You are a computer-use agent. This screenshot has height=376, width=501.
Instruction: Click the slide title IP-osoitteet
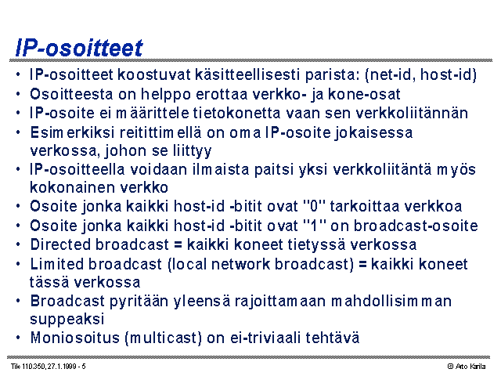coord(79,48)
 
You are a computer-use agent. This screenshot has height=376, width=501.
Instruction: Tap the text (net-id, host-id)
coord(421,75)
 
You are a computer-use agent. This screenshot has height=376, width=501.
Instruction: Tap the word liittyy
coord(193,151)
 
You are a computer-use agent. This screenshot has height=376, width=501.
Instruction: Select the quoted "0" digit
coord(314,206)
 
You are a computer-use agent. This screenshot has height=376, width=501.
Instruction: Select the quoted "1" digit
coord(314,226)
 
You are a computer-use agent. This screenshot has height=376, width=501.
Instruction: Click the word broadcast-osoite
coord(416,226)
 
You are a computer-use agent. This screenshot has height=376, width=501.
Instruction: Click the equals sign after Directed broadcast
coord(178,245)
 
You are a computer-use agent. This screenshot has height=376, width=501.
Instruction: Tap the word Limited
coord(56,264)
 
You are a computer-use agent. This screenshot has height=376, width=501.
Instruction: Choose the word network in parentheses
coord(240,264)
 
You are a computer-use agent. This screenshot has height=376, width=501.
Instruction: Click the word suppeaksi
coord(67,320)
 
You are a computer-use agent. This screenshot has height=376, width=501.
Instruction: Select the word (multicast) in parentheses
coord(164,338)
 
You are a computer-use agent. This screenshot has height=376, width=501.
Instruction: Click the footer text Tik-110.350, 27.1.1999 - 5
coord(49,367)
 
